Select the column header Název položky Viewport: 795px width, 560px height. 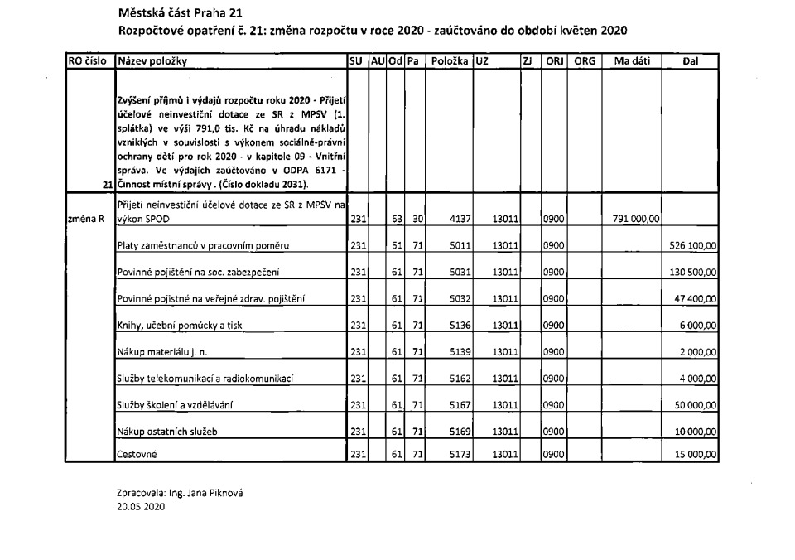(x=153, y=61)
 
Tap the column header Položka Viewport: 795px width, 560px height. (x=449, y=61)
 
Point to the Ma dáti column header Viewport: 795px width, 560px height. (x=631, y=61)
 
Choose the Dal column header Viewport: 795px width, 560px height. (x=691, y=61)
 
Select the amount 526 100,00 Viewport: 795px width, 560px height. (x=693, y=246)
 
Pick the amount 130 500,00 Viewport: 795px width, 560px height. (x=693, y=273)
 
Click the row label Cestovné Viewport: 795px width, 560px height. (x=138, y=455)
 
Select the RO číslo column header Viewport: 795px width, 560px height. (x=89, y=61)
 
